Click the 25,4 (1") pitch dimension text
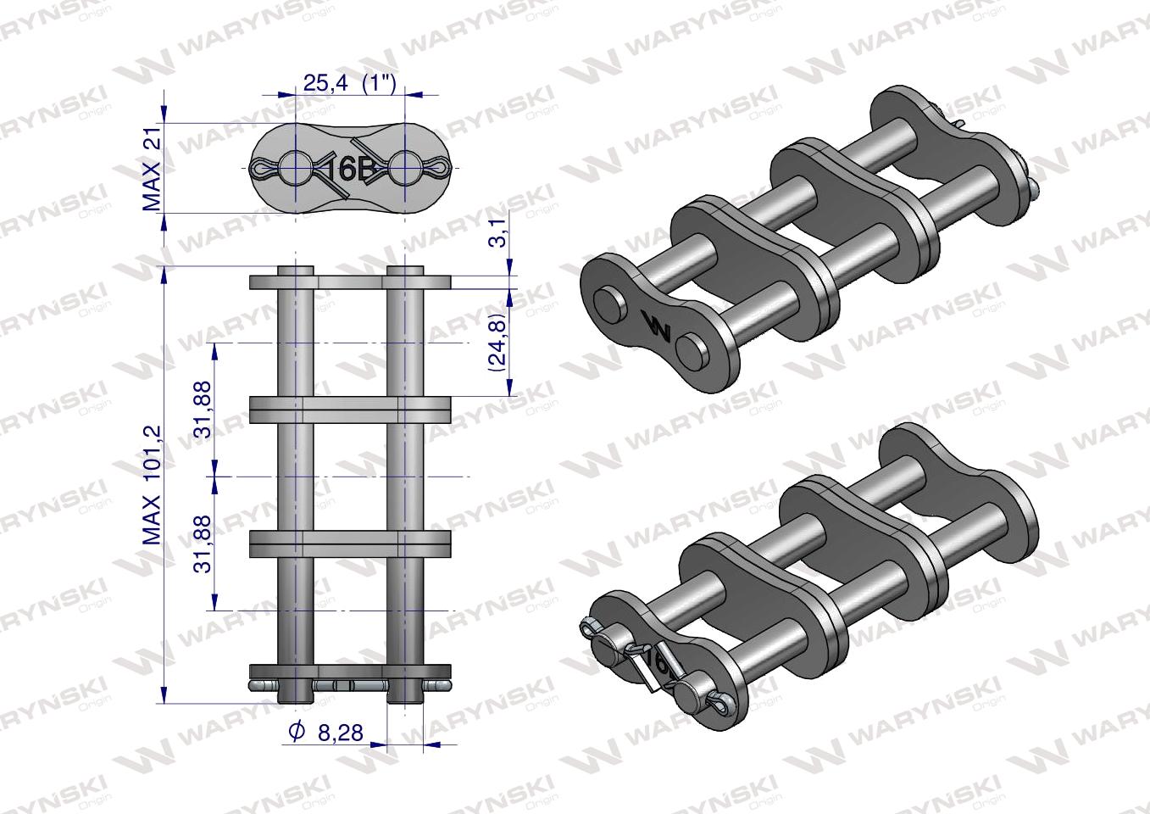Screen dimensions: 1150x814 tap(350, 83)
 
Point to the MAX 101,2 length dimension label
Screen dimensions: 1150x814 tap(152, 485)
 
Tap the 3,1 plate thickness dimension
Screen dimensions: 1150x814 tap(498, 231)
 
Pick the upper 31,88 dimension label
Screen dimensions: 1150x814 tap(203, 409)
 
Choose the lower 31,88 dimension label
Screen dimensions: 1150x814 tap(203, 544)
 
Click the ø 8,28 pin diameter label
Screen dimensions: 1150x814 tap(326, 732)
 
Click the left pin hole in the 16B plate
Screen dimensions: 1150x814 tap(296, 167)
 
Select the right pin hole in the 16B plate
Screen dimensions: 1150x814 tap(405, 167)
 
